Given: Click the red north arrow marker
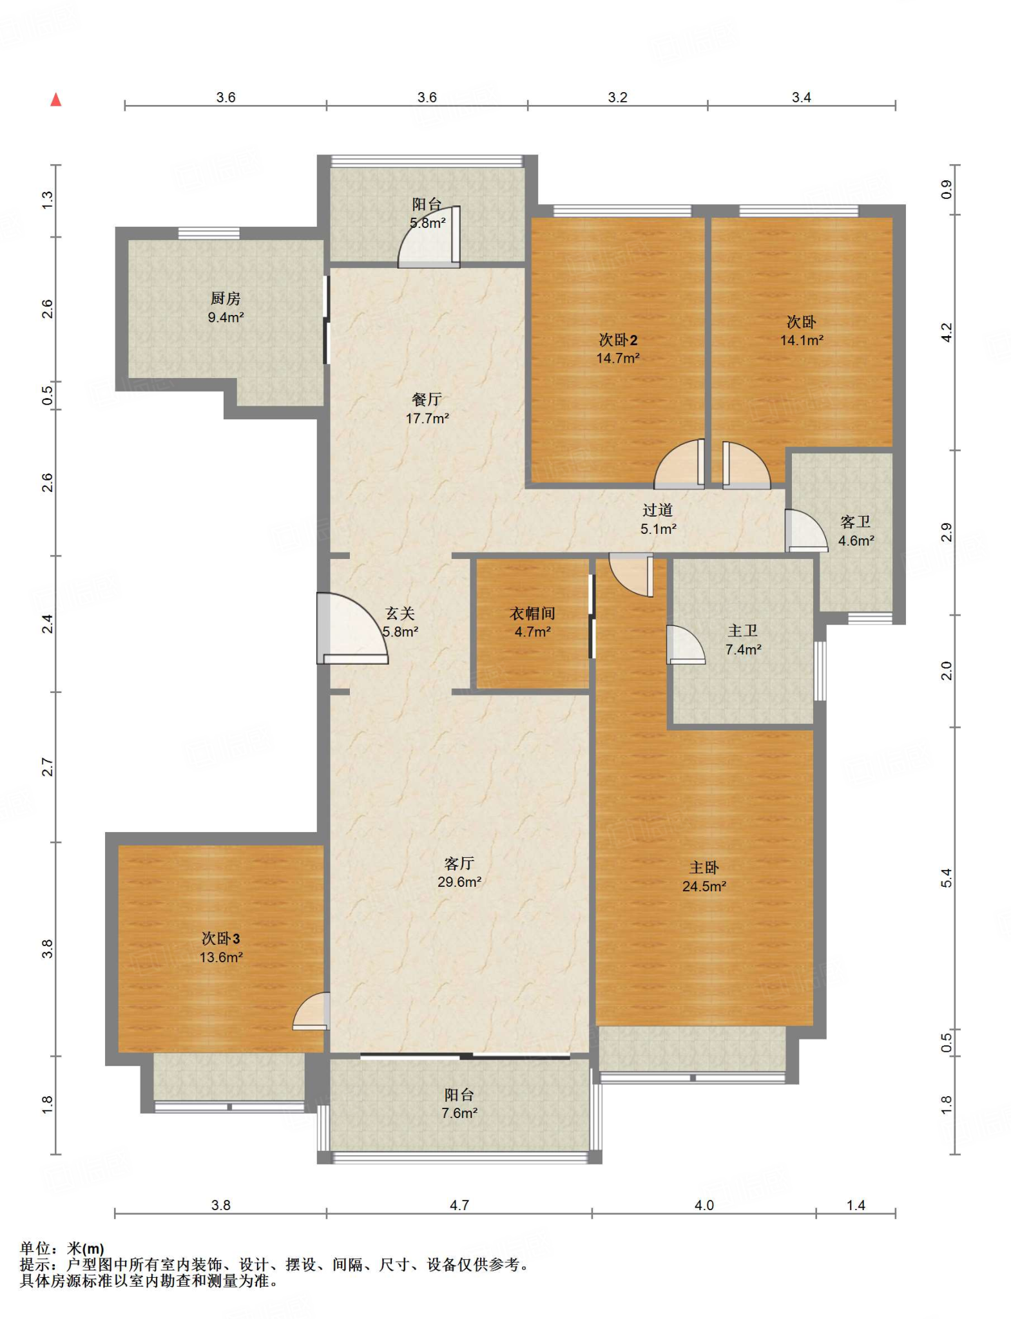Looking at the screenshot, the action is (x=56, y=99).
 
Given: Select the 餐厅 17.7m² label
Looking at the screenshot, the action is (x=427, y=408).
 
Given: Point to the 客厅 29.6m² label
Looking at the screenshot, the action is (x=459, y=872).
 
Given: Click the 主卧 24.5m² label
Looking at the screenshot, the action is (x=704, y=877).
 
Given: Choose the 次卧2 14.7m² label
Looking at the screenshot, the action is (x=618, y=348).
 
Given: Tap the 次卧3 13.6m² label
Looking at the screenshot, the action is (x=221, y=947).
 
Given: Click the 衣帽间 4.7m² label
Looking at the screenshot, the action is (x=532, y=622).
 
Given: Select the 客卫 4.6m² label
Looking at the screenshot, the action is (x=856, y=531).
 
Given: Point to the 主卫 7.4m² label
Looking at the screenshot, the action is (x=743, y=640).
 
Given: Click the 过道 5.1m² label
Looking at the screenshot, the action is (x=658, y=519).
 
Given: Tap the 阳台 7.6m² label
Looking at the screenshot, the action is (x=459, y=1103).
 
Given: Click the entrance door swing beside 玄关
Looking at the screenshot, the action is (x=352, y=628).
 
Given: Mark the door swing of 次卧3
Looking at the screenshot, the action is (x=311, y=1011).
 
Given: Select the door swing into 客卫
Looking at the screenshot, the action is (x=806, y=530).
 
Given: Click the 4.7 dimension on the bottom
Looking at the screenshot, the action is (x=459, y=1204).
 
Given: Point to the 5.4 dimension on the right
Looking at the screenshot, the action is (x=946, y=878).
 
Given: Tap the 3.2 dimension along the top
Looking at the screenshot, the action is (x=617, y=97).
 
